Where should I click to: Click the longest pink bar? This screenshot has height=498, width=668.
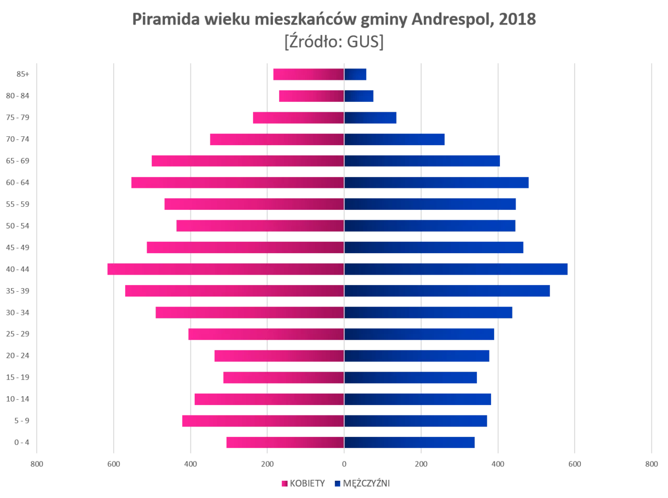224,269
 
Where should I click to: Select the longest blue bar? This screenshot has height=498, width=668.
456,269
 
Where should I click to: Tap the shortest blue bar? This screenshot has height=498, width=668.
356,75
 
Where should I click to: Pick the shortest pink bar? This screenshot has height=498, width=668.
311,97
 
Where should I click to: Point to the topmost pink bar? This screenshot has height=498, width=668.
308,75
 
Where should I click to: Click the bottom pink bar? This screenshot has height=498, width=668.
285,443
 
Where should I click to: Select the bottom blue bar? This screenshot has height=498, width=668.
410,443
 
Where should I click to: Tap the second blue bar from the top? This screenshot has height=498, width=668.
360,97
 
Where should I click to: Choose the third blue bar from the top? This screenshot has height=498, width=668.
371,118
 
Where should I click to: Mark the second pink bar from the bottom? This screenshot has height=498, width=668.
263,421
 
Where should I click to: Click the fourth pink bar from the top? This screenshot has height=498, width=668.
277,139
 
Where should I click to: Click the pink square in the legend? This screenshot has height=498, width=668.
284,483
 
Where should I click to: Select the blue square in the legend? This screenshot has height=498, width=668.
338,483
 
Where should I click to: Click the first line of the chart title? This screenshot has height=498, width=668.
334,19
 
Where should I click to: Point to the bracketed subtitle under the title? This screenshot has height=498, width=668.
334,43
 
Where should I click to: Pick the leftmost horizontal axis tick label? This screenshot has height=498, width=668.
37,463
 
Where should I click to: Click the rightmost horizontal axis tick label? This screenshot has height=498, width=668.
651,463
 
